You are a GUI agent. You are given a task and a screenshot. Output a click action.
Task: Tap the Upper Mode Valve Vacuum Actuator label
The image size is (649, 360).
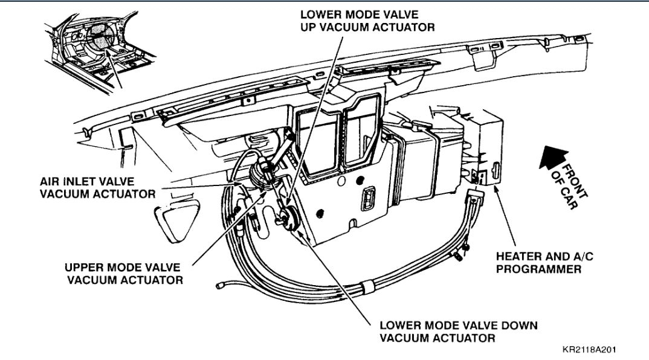pos(124,273)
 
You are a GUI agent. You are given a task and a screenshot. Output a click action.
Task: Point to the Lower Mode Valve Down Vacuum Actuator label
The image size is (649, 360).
pos(458,331)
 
